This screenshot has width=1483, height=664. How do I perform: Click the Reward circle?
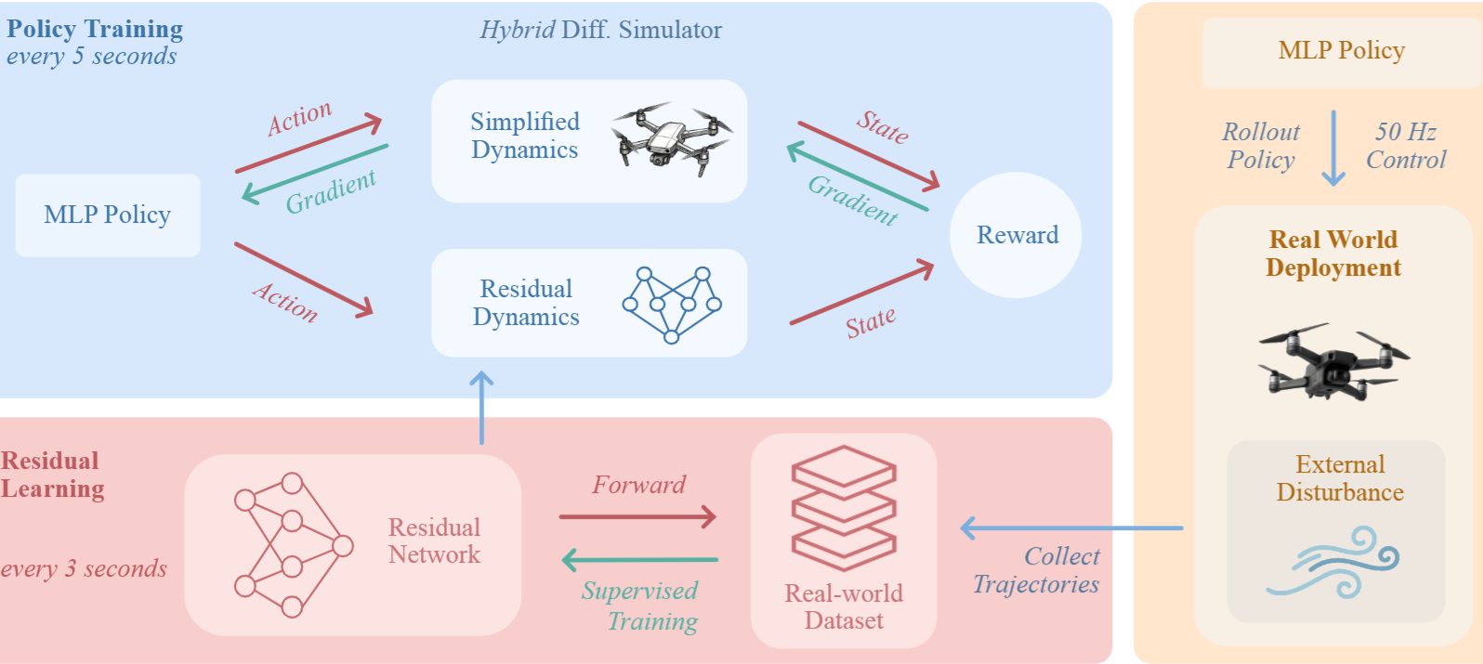[x=1016, y=235]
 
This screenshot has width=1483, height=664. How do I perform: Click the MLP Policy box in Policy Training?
[x=108, y=215]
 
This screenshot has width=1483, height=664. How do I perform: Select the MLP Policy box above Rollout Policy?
[x=1341, y=51]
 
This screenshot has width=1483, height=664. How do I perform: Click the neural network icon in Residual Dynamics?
[x=672, y=304]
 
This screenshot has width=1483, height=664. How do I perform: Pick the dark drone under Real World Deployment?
[x=1333, y=362]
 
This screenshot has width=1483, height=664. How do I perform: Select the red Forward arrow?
[x=637, y=516]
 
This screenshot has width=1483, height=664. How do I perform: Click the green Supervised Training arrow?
[x=640, y=560]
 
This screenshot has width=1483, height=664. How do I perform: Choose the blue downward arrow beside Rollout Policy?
[x=1333, y=148]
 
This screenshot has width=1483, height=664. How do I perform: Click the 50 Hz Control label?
[x=1405, y=146]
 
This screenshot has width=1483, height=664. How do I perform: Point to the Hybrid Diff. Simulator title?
[x=600, y=31]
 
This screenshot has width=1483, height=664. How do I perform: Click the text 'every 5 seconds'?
[x=91, y=57]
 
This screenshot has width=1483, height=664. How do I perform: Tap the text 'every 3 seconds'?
[x=84, y=568]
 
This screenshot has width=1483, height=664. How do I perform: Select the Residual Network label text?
[x=434, y=541]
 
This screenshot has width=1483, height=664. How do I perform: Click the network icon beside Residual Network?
[x=292, y=544]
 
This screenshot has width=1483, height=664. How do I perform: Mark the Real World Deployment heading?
[x=1332, y=254]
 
